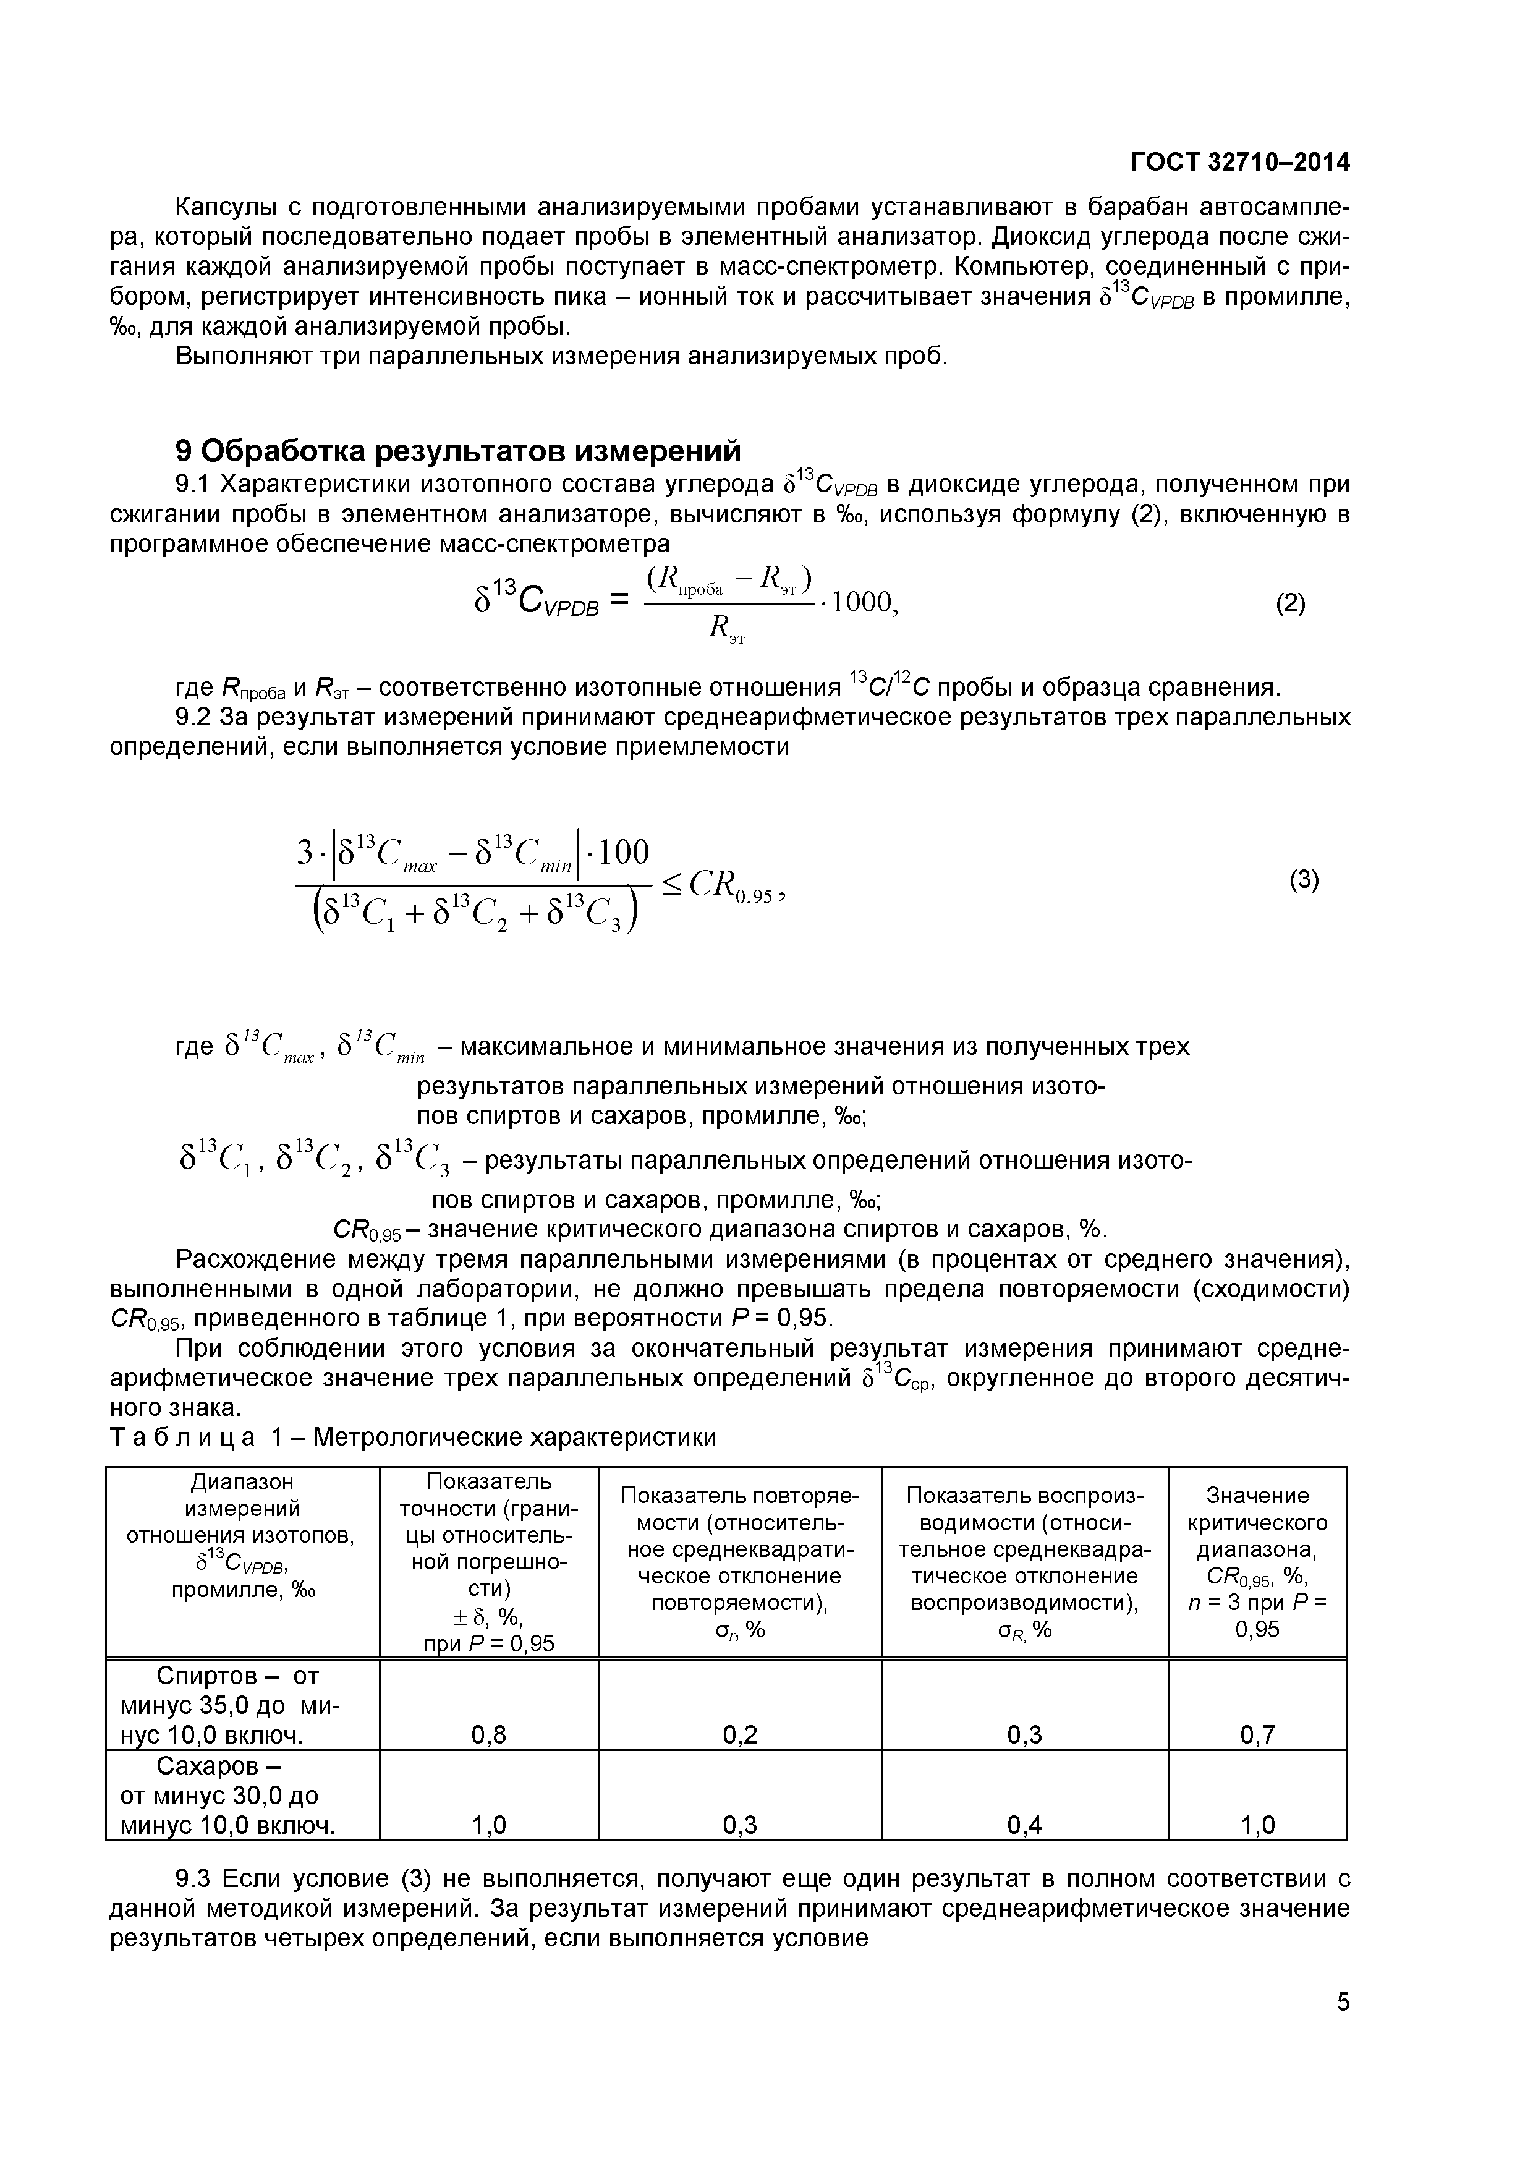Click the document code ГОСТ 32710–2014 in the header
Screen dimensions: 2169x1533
1239,163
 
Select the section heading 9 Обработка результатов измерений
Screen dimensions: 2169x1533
458,451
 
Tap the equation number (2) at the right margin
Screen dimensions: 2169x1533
1290,603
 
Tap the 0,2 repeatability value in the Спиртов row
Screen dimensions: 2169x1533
739,1732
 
